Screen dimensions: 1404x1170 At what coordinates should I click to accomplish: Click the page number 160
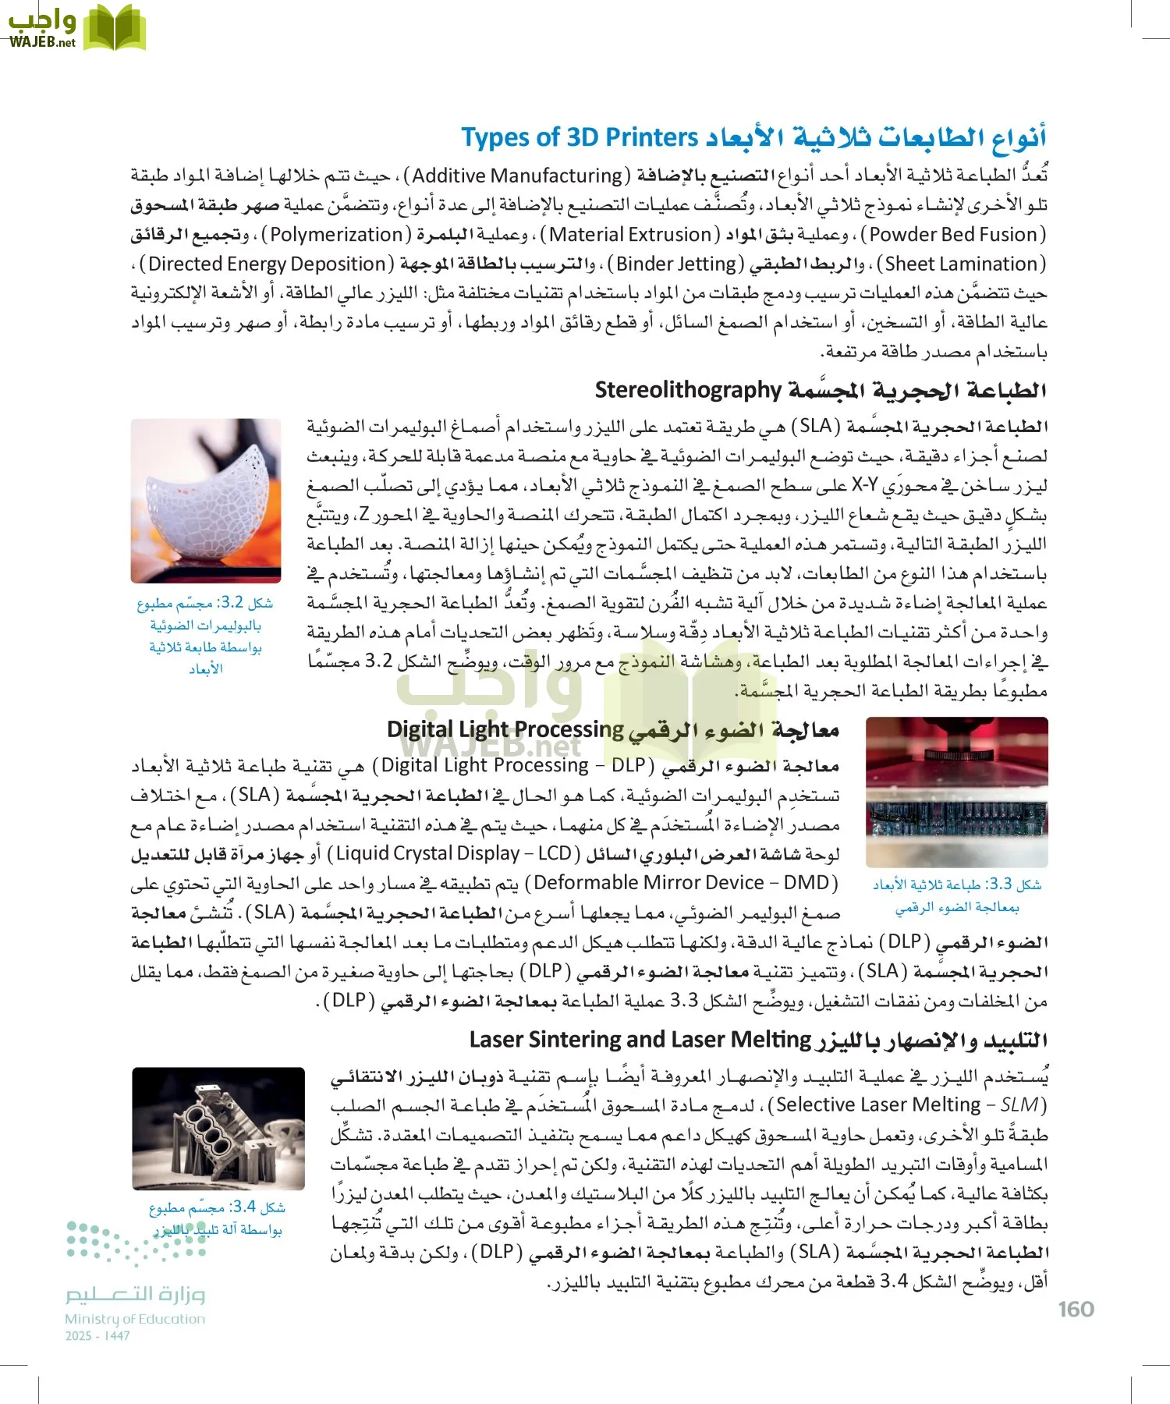coord(1076,1309)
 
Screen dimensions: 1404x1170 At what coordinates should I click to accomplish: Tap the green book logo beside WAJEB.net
coord(115,29)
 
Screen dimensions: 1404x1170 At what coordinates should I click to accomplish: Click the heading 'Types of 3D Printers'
coord(580,137)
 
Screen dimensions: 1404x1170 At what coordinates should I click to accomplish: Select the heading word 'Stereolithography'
coord(688,389)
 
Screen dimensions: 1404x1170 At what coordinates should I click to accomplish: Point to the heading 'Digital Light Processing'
coord(505,729)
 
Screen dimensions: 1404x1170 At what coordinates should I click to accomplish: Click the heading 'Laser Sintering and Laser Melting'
coord(640,1040)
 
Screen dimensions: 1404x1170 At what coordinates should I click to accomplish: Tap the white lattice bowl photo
coord(206,501)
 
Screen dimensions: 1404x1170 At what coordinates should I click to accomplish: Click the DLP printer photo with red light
coord(957,792)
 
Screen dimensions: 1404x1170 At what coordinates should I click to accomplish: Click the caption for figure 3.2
coord(205,635)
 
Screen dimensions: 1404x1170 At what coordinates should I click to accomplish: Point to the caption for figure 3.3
coord(957,895)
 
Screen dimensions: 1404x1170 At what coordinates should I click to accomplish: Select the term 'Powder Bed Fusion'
coord(957,235)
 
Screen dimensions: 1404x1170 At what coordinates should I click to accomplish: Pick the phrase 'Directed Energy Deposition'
coord(267,264)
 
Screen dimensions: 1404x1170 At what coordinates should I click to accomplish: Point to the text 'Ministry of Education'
coord(135,1319)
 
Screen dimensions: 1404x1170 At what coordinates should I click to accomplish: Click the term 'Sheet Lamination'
coord(960,264)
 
